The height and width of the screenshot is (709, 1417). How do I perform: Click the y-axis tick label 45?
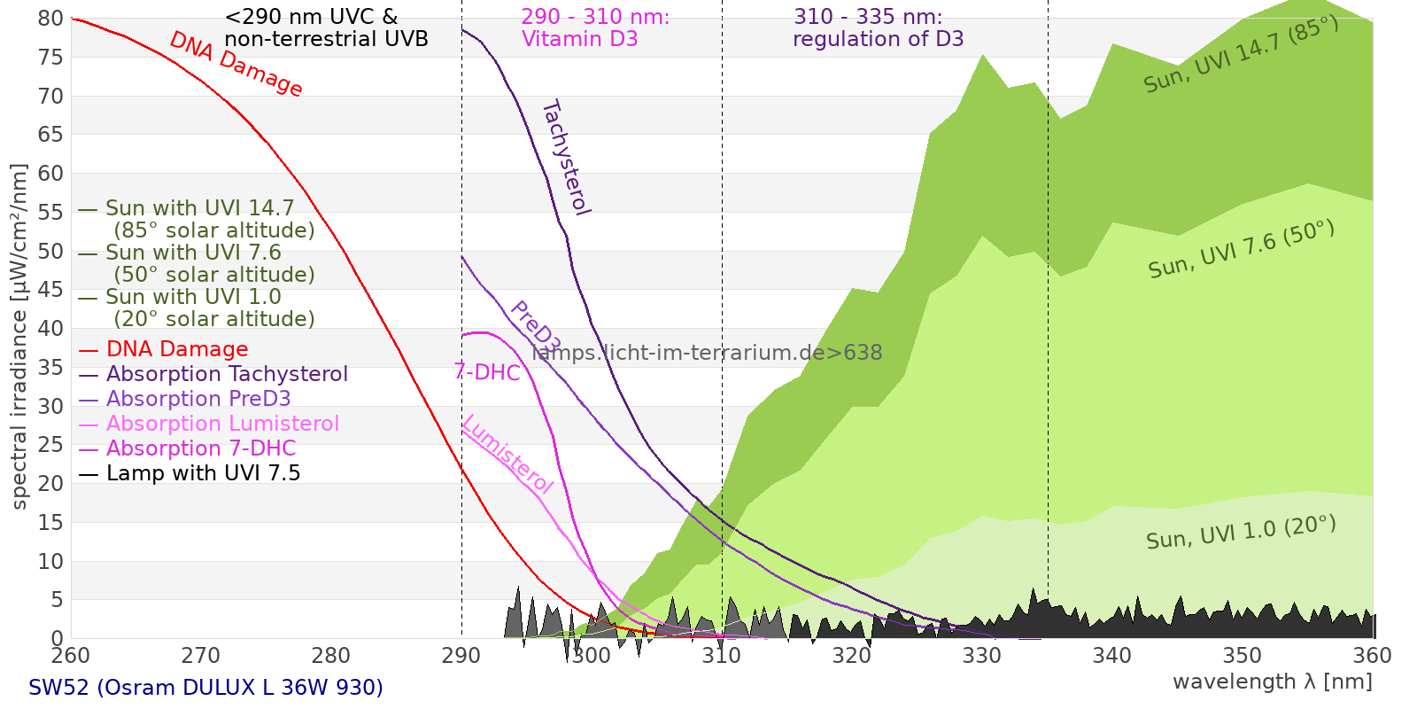click(x=51, y=290)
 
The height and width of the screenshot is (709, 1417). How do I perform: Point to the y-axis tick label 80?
click(x=51, y=19)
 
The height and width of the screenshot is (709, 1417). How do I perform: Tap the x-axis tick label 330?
click(x=982, y=656)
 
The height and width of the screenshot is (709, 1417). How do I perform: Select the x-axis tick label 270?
click(x=201, y=656)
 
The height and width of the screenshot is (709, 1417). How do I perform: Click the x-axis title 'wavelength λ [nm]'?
click(x=1272, y=682)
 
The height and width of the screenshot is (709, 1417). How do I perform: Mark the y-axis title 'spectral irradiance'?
click(x=19, y=337)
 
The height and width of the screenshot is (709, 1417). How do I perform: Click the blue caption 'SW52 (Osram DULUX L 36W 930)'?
click(x=205, y=687)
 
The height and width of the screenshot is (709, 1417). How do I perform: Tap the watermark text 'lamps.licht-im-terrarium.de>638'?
click(x=707, y=353)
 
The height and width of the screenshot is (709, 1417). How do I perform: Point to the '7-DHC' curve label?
click(x=487, y=372)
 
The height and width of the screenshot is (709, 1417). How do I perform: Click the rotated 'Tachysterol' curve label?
click(x=566, y=158)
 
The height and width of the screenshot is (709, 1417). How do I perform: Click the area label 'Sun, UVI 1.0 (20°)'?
click(x=1240, y=533)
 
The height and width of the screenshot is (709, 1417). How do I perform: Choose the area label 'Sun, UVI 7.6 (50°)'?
click(x=1241, y=250)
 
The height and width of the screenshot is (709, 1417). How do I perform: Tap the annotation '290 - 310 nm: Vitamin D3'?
click(x=595, y=28)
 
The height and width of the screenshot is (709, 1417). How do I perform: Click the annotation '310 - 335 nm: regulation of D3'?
click(x=878, y=28)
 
